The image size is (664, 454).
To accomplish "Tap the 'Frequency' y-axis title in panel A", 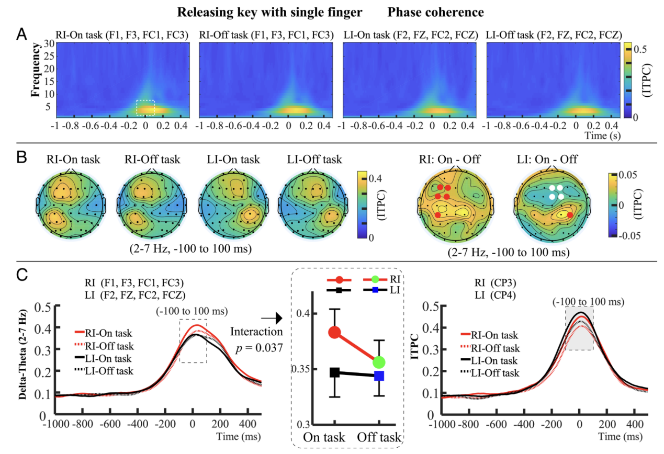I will (x=36, y=71).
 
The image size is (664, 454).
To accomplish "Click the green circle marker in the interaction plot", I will (x=379, y=362).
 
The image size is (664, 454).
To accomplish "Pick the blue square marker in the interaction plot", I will (x=379, y=376).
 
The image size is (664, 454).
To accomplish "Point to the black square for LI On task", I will (x=335, y=373).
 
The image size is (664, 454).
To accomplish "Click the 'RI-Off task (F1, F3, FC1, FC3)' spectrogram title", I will (x=266, y=35).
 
